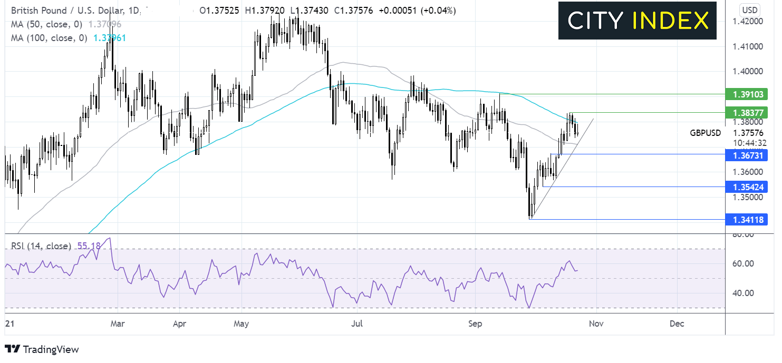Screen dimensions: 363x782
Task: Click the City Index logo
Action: pyautogui.click(x=638, y=21)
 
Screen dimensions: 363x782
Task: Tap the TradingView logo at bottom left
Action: pyautogui.click(x=42, y=349)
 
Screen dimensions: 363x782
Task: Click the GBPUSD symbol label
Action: pyautogui.click(x=706, y=133)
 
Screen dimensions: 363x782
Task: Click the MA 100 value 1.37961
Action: pyautogui.click(x=110, y=38)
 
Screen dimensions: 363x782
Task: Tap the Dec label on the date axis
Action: pyautogui.click(x=677, y=323)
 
